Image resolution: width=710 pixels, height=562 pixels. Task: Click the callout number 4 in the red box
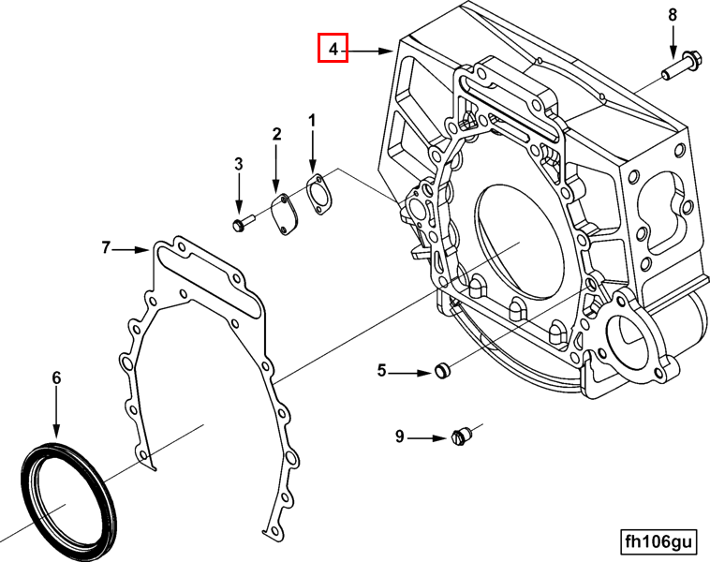[x=333, y=47]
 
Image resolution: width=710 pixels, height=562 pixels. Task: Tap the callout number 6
[x=56, y=377]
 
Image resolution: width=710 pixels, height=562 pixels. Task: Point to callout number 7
[x=107, y=247]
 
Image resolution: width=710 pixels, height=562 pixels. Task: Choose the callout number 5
[x=382, y=371]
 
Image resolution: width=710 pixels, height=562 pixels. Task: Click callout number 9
[x=399, y=436]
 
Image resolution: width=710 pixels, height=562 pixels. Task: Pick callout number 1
[x=313, y=120]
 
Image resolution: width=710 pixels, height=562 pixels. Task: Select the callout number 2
[x=276, y=135]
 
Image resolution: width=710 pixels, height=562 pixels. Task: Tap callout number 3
[x=239, y=164]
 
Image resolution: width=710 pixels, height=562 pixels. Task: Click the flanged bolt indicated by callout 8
[x=677, y=67]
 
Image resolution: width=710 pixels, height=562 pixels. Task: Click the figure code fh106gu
[x=659, y=541]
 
